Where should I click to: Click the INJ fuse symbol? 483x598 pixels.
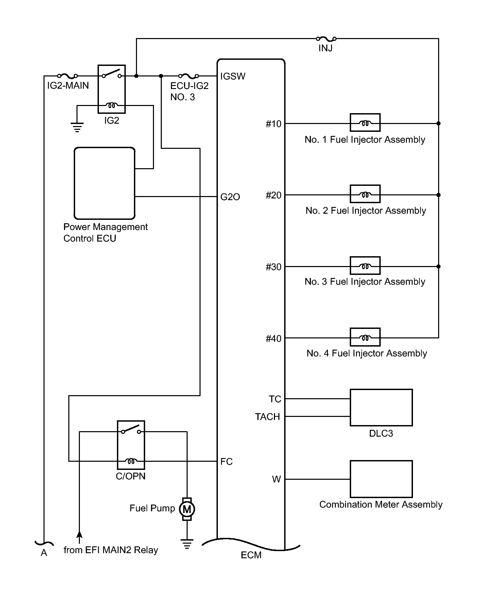click(326, 39)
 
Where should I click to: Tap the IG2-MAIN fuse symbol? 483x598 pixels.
click(68, 76)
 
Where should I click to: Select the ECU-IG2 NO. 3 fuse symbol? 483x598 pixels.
click(189, 76)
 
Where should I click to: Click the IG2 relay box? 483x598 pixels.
click(111, 89)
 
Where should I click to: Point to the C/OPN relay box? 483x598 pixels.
click(131, 445)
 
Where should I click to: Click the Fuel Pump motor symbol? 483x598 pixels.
click(187, 509)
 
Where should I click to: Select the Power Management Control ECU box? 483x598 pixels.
click(105, 183)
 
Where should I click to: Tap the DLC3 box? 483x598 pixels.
click(381, 407)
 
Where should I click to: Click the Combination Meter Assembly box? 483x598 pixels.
click(381, 479)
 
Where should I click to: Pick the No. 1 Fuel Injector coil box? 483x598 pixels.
click(365, 123)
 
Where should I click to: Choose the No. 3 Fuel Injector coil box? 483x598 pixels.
click(365, 266)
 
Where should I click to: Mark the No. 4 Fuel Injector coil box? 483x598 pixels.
click(365, 337)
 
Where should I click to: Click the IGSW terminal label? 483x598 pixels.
click(232, 76)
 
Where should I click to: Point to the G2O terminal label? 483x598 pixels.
click(230, 197)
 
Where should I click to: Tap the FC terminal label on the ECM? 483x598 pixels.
click(226, 462)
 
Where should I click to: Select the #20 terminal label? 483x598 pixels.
click(274, 195)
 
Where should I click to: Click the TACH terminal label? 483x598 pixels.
click(268, 417)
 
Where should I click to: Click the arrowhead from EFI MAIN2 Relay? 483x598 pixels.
click(79, 535)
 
